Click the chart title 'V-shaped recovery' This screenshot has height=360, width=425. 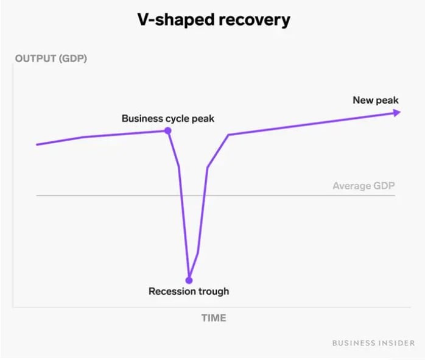[212, 19]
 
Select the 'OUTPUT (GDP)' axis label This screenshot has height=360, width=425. [51, 59]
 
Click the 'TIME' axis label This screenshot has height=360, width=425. [213, 318]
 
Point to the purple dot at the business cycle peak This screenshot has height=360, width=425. [168, 130]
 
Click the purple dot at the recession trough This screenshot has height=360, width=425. [189, 280]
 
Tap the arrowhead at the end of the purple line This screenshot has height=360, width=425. [396, 112]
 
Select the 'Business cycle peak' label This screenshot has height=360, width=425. [168, 118]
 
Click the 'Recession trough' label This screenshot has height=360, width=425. [189, 291]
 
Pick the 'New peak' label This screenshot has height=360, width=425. [376, 100]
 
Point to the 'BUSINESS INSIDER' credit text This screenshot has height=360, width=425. [373, 343]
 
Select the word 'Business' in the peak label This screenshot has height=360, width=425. [141, 118]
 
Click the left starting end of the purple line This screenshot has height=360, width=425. [38, 144]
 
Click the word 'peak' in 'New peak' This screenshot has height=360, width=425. [387, 100]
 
